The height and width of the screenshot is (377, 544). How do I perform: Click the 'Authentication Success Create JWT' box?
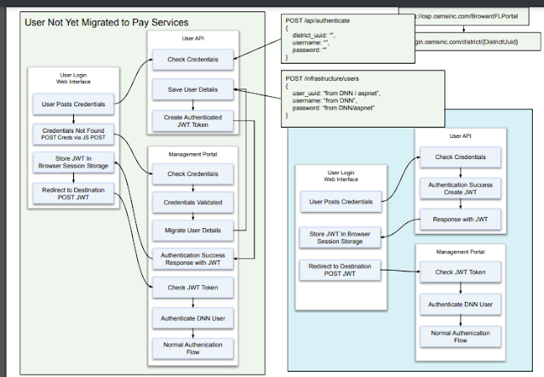click(461, 188)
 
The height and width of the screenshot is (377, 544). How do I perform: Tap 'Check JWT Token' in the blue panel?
click(461, 271)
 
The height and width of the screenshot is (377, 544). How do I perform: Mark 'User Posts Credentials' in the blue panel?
click(341, 202)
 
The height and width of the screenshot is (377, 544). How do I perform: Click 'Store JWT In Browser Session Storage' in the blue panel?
click(341, 237)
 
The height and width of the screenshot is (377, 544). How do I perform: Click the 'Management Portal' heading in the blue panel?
click(461, 252)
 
